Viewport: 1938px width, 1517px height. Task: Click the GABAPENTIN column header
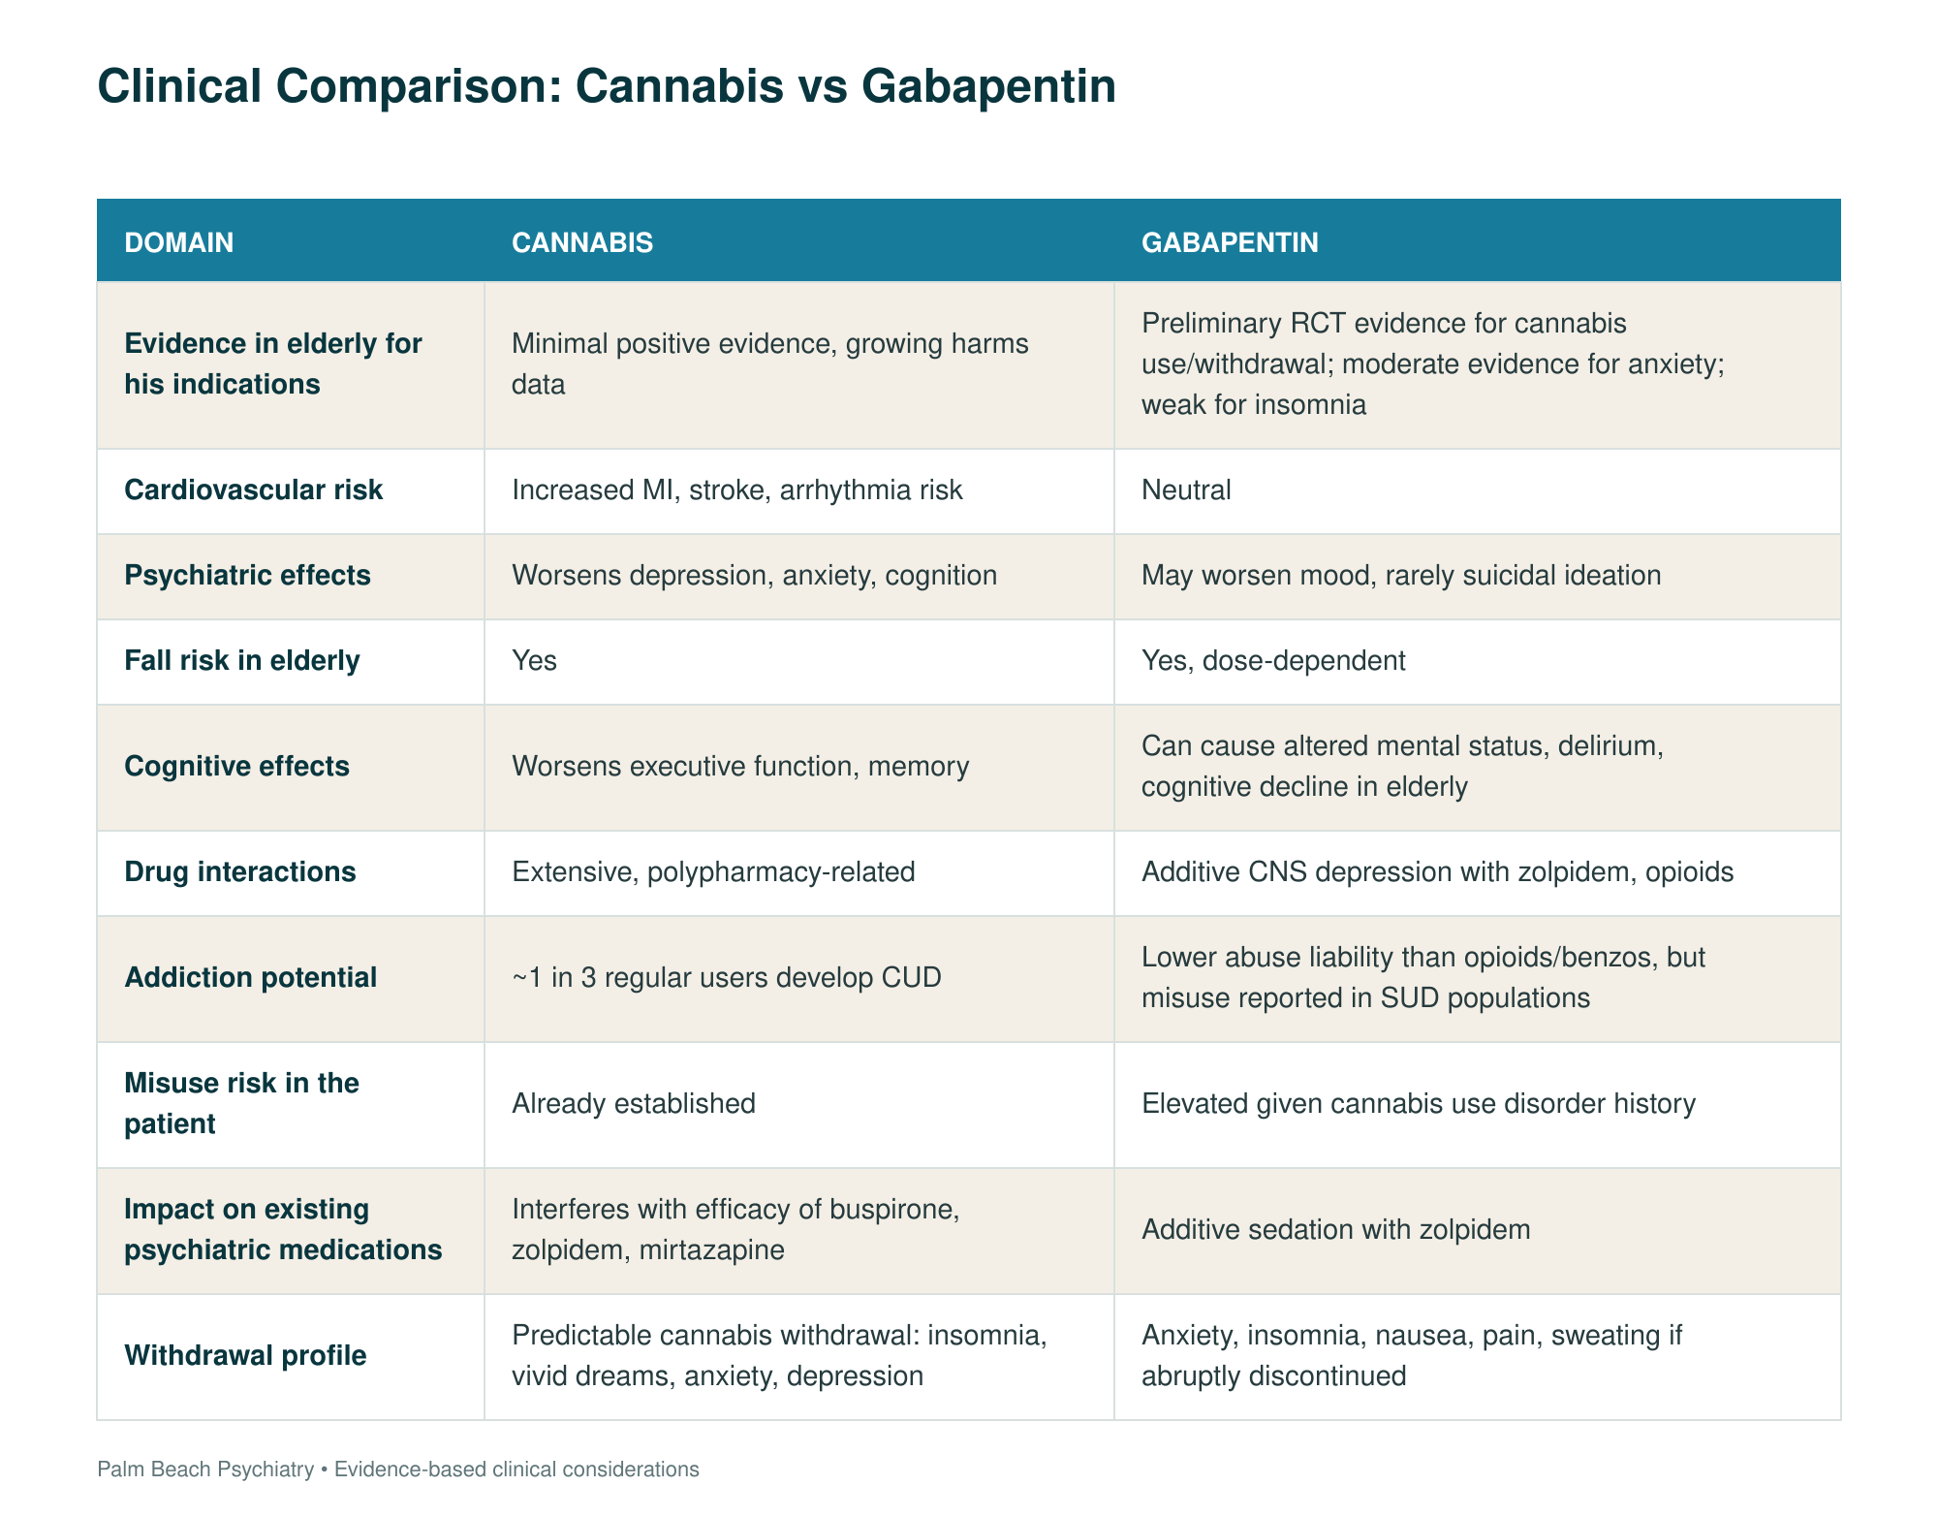1230,242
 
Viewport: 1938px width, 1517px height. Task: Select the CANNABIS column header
582,242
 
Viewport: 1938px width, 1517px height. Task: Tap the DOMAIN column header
179,242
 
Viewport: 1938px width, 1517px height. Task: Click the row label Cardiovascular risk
254,490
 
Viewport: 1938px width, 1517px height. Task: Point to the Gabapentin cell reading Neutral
1186,490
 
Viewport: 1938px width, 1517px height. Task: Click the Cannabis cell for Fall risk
535,661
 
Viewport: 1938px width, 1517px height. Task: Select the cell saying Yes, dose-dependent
1273,661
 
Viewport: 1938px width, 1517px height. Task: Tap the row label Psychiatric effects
248,576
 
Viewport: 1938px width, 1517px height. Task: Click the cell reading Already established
634,1104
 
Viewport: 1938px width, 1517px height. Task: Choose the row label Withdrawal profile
246,1355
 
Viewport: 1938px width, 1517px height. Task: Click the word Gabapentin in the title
988,87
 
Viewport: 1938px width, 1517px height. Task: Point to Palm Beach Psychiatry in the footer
205,1470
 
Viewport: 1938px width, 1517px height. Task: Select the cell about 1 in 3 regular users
727,977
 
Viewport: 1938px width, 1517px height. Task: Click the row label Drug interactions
240,872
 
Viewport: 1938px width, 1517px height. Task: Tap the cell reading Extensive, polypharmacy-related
713,872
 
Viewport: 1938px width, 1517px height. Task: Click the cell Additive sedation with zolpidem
1336,1230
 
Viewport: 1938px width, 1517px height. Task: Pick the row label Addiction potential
251,977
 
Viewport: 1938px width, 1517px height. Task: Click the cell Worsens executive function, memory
740,767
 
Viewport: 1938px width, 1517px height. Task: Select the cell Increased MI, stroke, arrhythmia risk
737,490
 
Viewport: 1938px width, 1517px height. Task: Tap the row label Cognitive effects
237,767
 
